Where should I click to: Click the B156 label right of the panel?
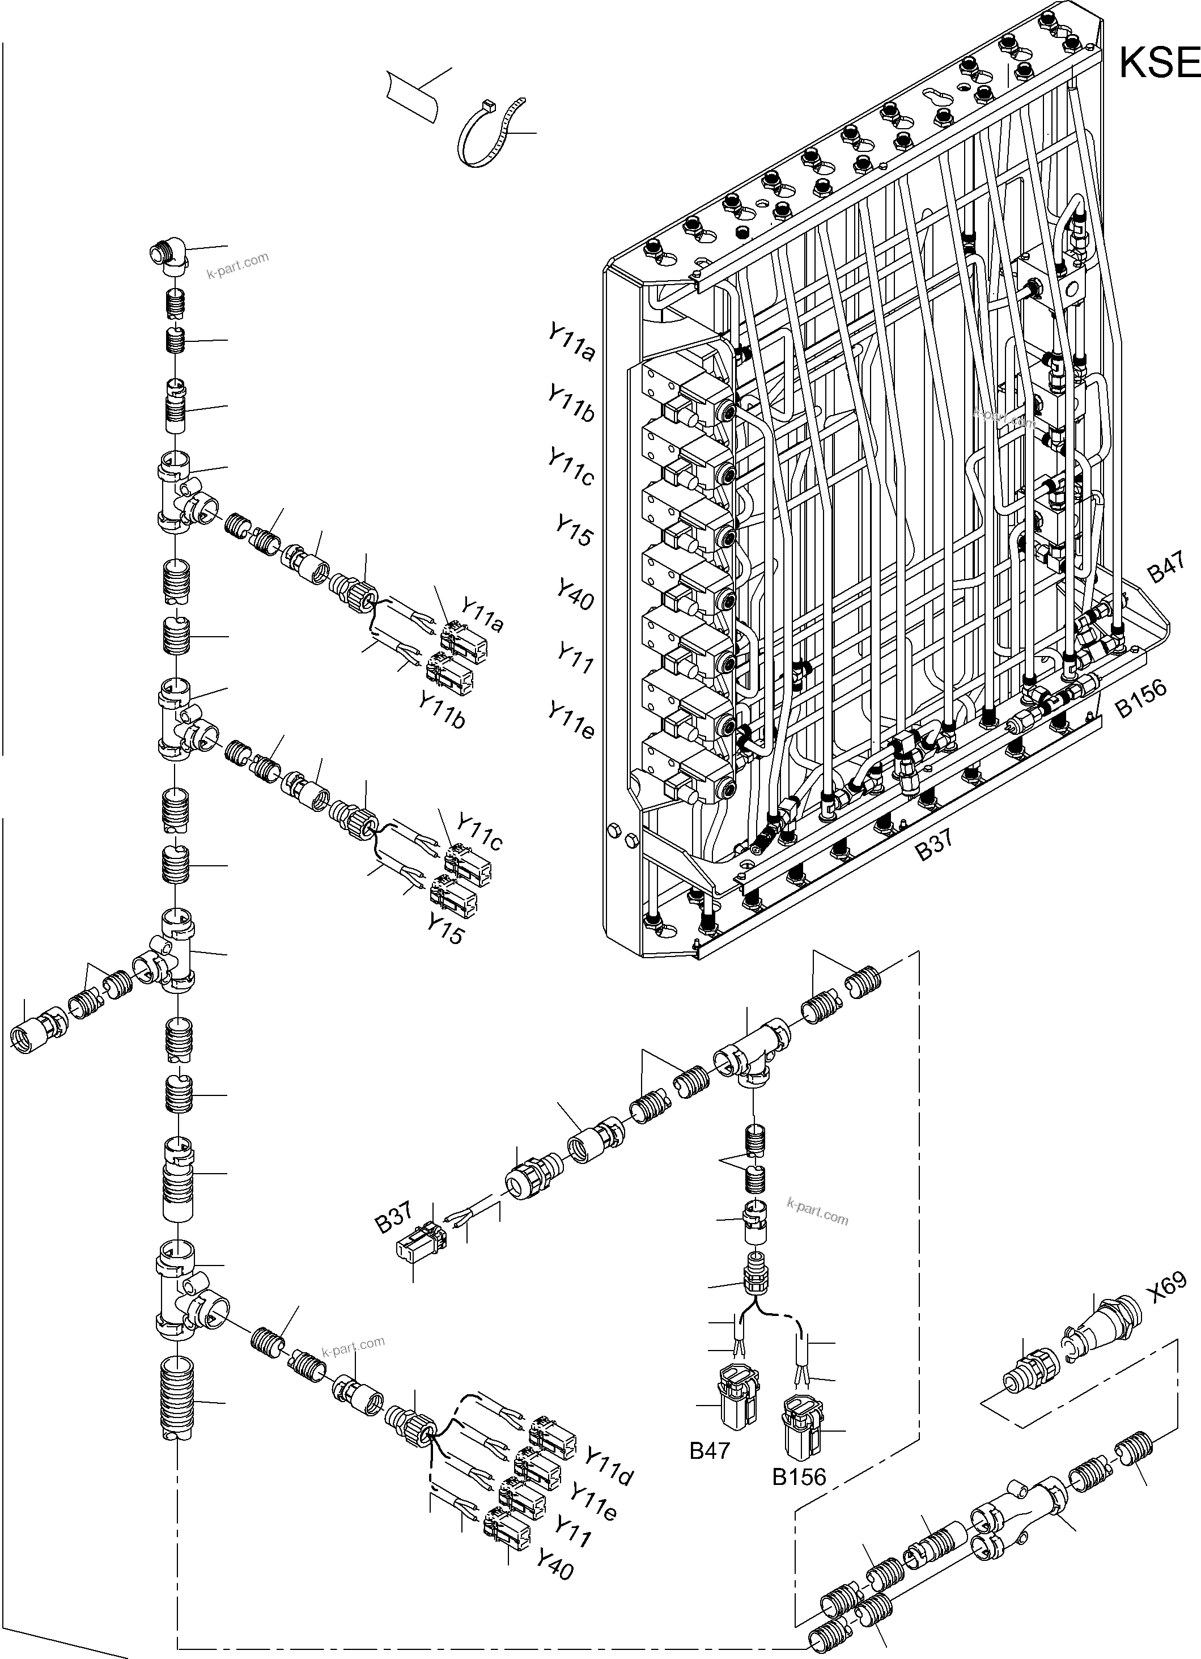coord(1140,699)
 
